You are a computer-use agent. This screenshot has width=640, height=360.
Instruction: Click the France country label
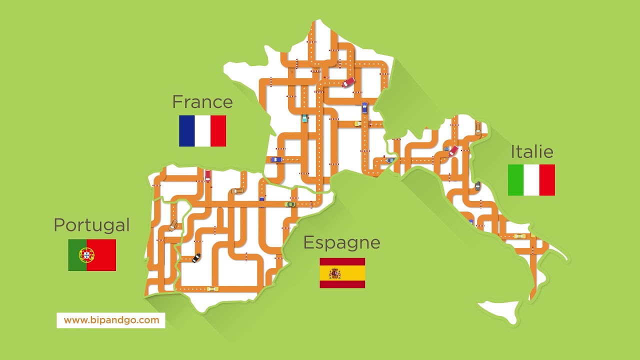pyautogui.click(x=202, y=102)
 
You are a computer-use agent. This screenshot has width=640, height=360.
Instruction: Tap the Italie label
pyautogui.click(x=531, y=151)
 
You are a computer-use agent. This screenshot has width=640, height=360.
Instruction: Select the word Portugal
pyautogui.click(x=91, y=225)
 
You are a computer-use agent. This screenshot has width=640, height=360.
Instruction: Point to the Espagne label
pyautogui.click(x=341, y=243)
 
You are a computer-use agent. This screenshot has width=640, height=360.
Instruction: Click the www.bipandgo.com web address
pyautogui.click(x=111, y=320)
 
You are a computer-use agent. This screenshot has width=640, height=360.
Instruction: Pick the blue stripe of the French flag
pyautogui.click(x=186, y=131)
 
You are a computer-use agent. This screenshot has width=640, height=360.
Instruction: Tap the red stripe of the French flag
pyautogui.click(x=218, y=131)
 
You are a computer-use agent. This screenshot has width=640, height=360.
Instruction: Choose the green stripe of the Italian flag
pyautogui.click(x=515, y=180)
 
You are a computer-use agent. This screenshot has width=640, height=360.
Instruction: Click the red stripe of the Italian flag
pyautogui.click(x=547, y=180)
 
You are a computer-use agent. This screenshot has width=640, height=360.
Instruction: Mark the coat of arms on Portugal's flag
pyautogui.click(x=86, y=255)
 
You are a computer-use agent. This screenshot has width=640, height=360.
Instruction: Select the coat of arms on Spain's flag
pyautogui.click(x=334, y=273)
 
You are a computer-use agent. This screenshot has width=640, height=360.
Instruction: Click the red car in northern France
pyautogui.click(x=348, y=82)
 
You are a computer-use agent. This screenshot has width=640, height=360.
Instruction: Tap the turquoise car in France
pyautogui.click(x=304, y=118)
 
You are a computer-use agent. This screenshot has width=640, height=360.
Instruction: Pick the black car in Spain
pyautogui.click(x=196, y=258)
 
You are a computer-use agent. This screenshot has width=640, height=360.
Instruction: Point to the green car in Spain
pyautogui.click(x=290, y=204)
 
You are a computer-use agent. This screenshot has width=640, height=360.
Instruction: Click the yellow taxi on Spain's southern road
pyautogui.click(x=212, y=288)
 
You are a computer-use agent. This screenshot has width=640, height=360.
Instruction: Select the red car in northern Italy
pyautogui.click(x=453, y=150)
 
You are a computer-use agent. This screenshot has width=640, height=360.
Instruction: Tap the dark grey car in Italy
pyautogui.click(x=477, y=186)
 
